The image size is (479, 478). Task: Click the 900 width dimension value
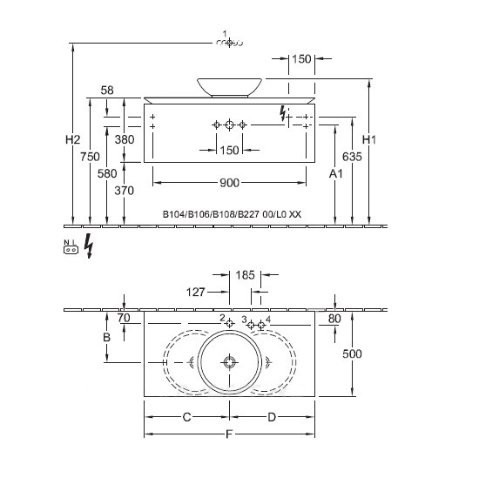tap(229, 183)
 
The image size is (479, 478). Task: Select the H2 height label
tap(72, 140)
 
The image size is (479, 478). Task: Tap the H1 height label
tap(369, 140)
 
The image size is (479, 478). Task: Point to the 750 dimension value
tap(90, 157)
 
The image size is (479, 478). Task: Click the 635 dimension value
tap(352, 157)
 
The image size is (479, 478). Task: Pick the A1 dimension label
tap(335, 174)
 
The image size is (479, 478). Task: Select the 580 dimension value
tap(107, 174)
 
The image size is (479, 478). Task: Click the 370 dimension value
tap(125, 191)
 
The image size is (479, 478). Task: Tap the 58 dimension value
tap(107, 91)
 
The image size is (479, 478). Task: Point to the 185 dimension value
tap(245, 275)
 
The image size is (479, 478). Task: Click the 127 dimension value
tap(195, 293)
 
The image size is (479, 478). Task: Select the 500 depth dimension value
tap(352, 353)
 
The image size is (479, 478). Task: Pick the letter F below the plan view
tap(229, 434)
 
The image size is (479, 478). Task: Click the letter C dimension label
tap(186, 417)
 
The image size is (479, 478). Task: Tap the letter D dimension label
tap(272, 417)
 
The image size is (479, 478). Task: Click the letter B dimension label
tap(106, 337)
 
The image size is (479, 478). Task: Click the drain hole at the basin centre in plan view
tap(229, 362)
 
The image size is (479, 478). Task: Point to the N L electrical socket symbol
tap(71, 247)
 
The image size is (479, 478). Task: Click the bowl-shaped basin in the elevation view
tap(229, 88)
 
